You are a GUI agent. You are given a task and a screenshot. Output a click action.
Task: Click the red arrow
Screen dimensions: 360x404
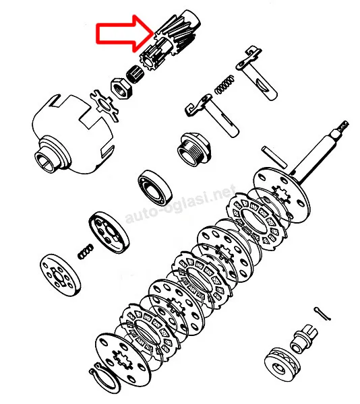(125, 34)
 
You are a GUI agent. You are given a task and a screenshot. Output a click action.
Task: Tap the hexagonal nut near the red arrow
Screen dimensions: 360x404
(121, 88)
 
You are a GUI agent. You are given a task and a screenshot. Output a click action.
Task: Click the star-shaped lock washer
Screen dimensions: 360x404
(104, 105)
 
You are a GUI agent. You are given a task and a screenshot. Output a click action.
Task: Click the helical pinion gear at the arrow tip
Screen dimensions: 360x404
(170, 41)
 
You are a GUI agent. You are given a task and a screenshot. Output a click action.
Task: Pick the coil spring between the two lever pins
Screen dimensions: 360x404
(225, 84)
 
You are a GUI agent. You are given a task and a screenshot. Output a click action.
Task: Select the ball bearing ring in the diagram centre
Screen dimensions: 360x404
(155, 188)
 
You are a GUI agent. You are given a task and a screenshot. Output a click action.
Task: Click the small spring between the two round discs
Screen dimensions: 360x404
(86, 252)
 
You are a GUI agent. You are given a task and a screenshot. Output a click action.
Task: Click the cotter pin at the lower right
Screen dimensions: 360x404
(322, 314)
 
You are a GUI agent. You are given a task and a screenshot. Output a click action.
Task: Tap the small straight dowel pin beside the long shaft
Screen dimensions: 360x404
(274, 157)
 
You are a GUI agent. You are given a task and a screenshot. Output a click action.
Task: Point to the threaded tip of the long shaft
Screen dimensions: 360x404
(342, 127)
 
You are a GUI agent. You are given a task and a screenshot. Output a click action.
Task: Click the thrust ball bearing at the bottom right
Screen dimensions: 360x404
(283, 364)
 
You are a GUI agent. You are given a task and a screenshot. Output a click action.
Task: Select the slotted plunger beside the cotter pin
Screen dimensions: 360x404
(304, 339)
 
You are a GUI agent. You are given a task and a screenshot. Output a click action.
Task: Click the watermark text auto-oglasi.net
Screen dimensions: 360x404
(181, 203)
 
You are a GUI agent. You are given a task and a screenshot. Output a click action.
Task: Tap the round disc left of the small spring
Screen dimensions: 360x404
(60, 275)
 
